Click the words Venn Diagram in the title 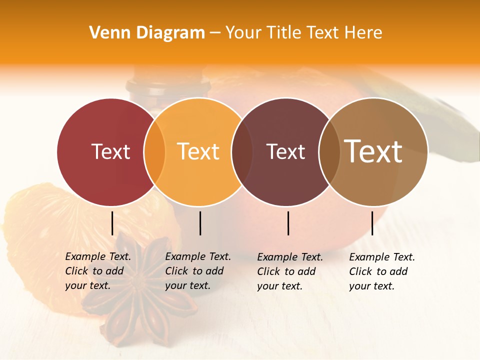tap(147, 33)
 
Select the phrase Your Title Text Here tap(303, 33)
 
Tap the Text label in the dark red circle tap(110, 151)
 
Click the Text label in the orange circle tap(198, 151)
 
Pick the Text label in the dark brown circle tap(285, 151)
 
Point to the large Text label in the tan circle tap(373, 151)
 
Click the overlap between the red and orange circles tap(154, 152)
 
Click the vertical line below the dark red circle tap(112, 223)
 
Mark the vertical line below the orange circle tap(200, 223)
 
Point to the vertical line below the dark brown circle tap(288, 223)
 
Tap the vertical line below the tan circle tap(372, 223)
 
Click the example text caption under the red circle tap(98, 271)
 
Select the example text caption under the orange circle tap(198, 271)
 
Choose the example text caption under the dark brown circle tap(290, 271)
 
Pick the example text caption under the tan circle tap(382, 271)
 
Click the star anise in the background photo tap(145, 295)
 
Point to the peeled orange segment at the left tap(40, 235)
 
